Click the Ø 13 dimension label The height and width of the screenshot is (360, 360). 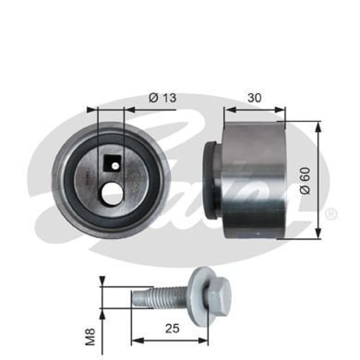pyautogui.click(x=162, y=98)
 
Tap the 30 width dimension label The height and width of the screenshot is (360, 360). pyautogui.click(x=254, y=98)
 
